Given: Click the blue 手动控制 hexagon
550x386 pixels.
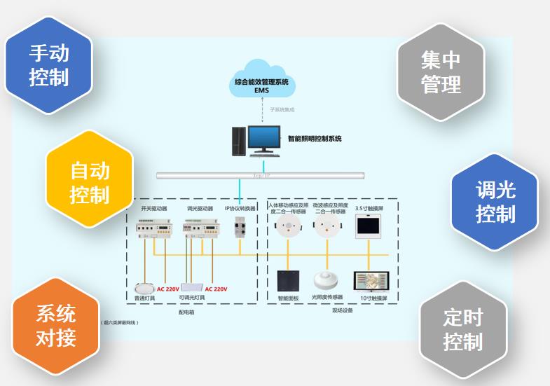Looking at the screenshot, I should (x=49, y=64).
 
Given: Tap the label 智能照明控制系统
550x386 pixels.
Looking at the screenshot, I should (x=315, y=139).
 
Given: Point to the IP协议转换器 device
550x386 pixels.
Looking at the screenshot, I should (x=240, y=226).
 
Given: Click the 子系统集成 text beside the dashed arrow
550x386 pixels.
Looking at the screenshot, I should (x=283, y=110).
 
